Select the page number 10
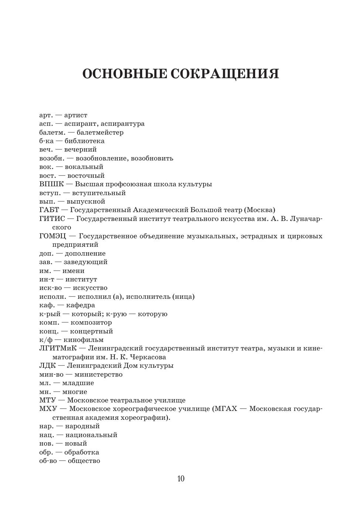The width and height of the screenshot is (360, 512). (181, 479)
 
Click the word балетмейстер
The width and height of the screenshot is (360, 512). (100, 132)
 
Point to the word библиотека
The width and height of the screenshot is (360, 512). (85, 141)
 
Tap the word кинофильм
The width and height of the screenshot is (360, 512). (83, 340)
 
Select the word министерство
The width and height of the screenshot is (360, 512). (99, 374)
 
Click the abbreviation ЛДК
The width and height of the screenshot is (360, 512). (47, 366)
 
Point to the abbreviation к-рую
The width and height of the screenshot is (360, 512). (116, 314)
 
